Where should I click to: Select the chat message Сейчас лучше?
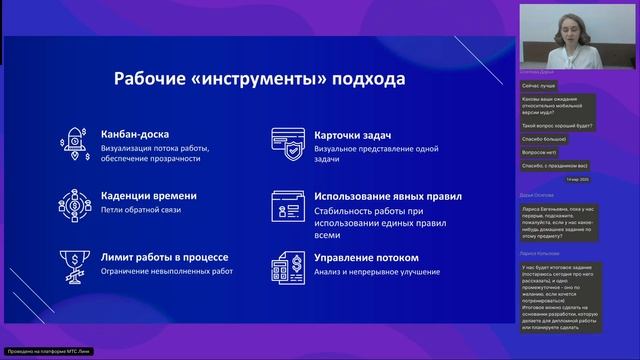click(541, 87)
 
